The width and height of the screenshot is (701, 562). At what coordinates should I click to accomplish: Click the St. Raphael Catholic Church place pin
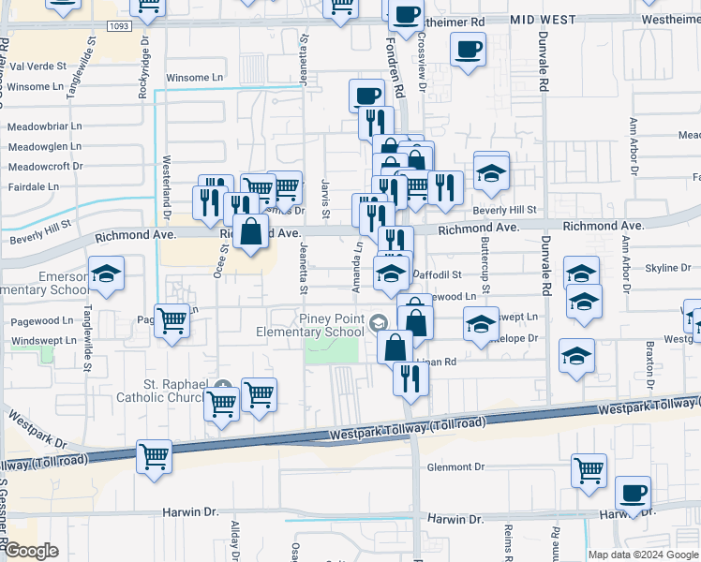(224, 387)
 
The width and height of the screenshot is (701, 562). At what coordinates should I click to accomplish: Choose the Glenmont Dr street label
(455, 466)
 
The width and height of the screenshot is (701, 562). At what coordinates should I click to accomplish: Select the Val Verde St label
(37, 67)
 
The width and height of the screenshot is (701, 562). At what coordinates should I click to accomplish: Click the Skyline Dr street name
(668, 268)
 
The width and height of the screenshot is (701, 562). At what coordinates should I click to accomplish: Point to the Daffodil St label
(438, 275)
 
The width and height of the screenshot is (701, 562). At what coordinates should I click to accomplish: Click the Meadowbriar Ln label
(45, 126)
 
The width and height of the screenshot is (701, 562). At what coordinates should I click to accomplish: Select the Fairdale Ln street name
(33, 186)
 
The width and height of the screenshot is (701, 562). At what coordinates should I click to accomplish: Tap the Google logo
(30, 551)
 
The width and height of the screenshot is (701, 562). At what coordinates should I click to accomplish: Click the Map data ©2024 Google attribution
(643, 555)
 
